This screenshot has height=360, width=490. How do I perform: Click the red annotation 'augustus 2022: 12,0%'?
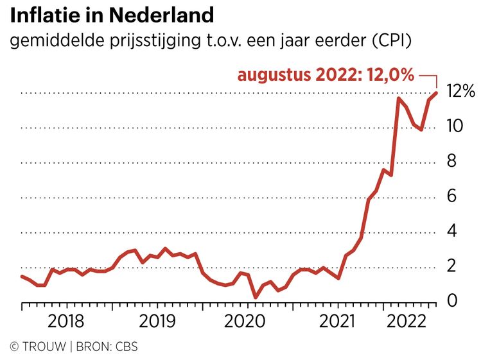(x=326, y=74)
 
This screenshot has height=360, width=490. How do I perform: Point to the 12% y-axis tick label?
(x=461, y=92)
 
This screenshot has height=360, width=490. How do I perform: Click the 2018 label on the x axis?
(x=66, y=321)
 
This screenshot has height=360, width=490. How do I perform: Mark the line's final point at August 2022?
(x=436, y=93)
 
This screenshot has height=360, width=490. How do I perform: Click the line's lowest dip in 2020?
(x=256, y=297)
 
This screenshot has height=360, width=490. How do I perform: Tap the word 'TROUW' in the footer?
(x=44, y=347)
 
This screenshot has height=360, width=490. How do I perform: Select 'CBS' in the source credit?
(x=125, y=347)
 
